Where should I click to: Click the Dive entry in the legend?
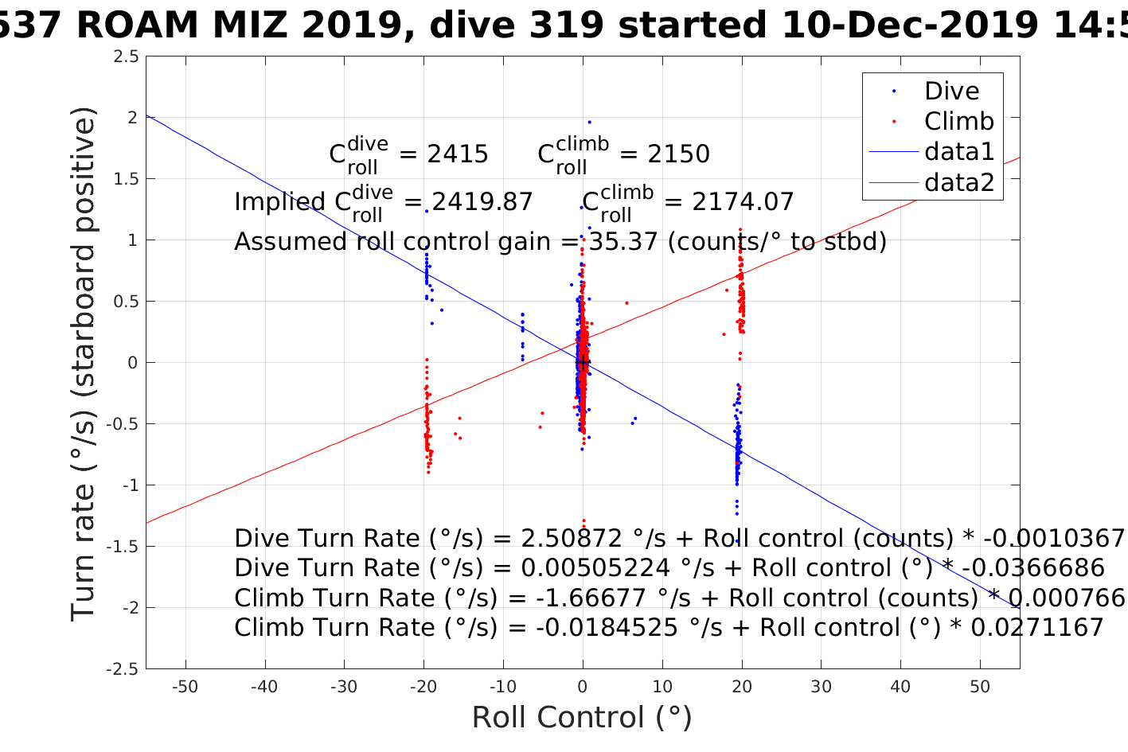pyautogui.click(x=951, y=92)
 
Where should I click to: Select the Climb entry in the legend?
pyautogui.click(x=958, y=122)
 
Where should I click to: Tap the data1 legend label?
pyautogui.click(x=959, y=152)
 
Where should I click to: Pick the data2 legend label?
pyautogui.click(x=959, y=183)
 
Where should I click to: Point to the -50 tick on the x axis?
pyautogui.click(x=185, y=687)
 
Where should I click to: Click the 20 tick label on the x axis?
pyautogui.click(x=742, y=687)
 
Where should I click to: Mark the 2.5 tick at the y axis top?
pyautogui.click(x=126, y=56)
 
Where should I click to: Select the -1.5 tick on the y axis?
pyautogui.click(x=123, y=547)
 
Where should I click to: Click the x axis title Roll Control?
pyautogui.click(x=582, y=718)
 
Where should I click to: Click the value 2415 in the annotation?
pyautogui.click(x=458, y=154)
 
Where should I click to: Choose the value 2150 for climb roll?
pyautogui.click(x=678, y=154)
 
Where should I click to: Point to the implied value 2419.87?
pyautogui.click(x=482, y=202)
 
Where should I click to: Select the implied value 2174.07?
pyautogui.click(x=743, y=202)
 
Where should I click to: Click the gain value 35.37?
pyautogui.click(x=623, y=241)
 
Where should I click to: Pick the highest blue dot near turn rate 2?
pyautogui.click(x=589, y=122)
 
